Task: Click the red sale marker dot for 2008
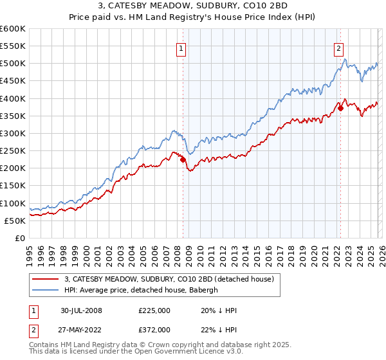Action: click(x=183, y=159)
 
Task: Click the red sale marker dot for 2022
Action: click(x=340, y=109)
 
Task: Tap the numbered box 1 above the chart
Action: click(x=181, y=48)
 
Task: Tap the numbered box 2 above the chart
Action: click(x=338, y=48)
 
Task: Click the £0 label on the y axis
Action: click(x=20, y=239)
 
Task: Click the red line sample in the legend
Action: click(x=46, y=279)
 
